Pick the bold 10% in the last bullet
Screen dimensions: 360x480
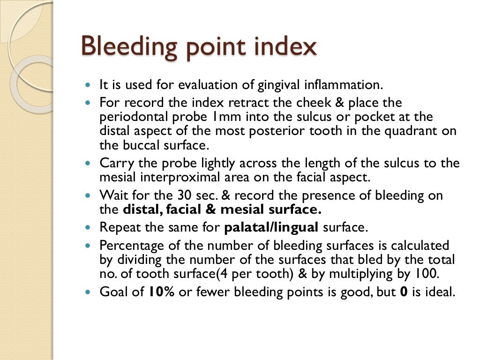[x=161, y=292]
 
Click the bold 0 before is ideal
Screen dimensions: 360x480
[x=403, y=292]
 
